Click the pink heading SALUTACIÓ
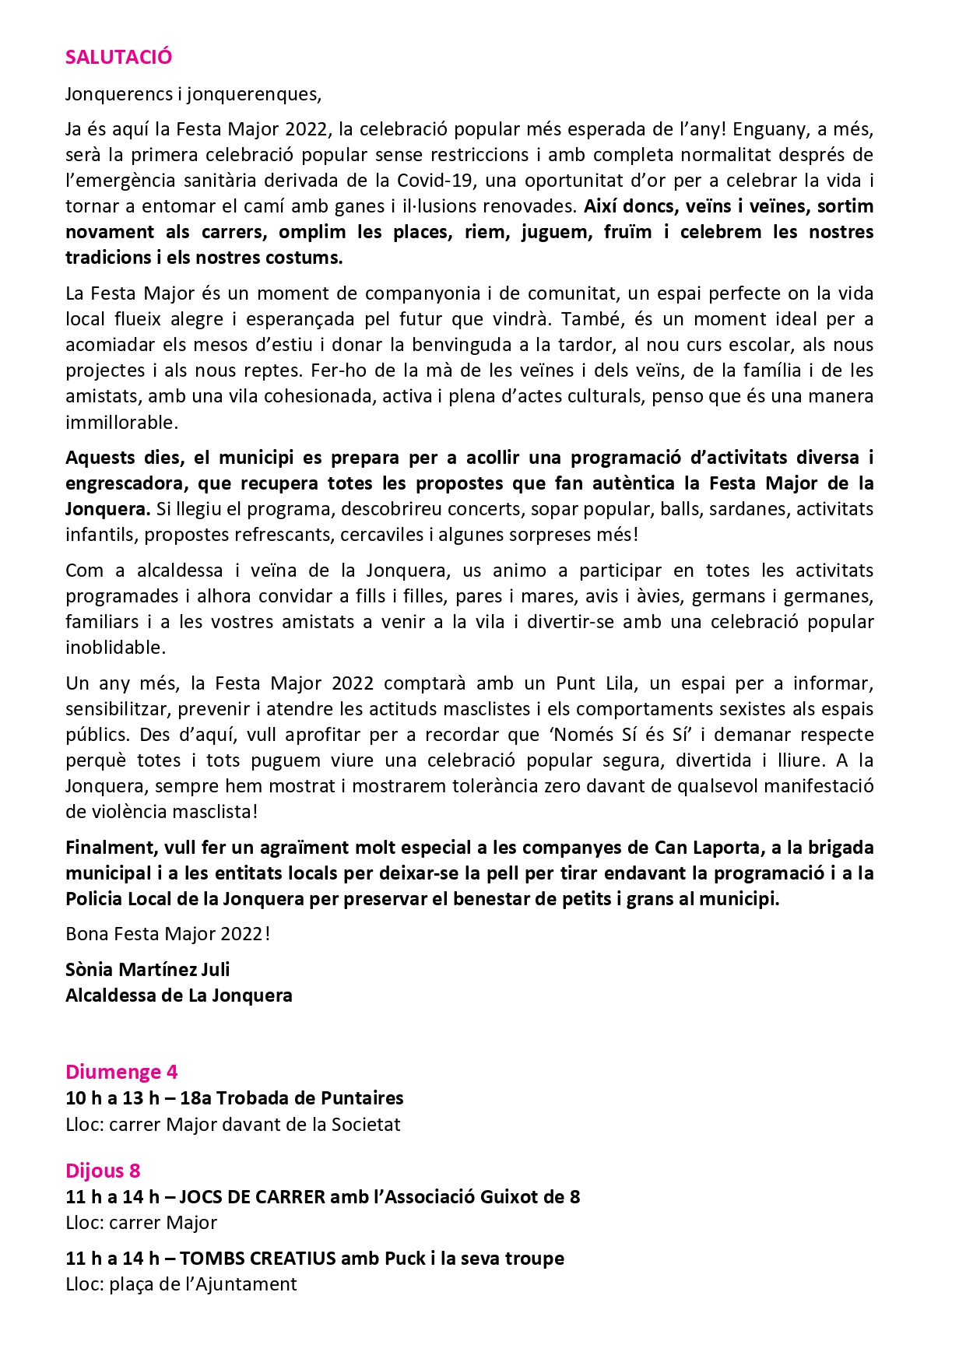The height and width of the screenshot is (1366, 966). (x=118, y=57)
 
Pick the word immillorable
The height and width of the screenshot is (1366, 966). (x=121, y=423)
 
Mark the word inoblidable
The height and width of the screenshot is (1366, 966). (x=114, y=648)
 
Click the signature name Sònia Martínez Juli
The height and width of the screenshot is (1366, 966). (x=147, y=970)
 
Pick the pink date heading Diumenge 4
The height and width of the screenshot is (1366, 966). (x=121, y=1072)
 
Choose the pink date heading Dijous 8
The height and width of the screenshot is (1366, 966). (x=103, y=1171)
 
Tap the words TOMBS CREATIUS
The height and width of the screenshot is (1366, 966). (x=258, y=1259)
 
